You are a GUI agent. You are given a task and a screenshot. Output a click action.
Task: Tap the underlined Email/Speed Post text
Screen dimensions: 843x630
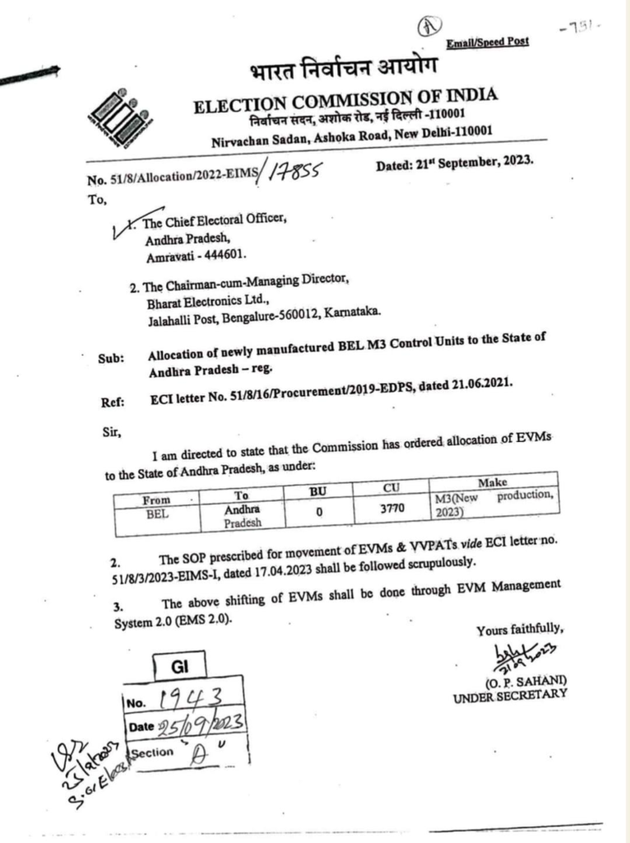tap(488, 42)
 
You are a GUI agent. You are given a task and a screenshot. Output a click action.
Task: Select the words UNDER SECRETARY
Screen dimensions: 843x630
tap(510, 696)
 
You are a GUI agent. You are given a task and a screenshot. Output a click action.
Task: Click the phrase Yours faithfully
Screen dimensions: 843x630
tap(520, 631)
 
